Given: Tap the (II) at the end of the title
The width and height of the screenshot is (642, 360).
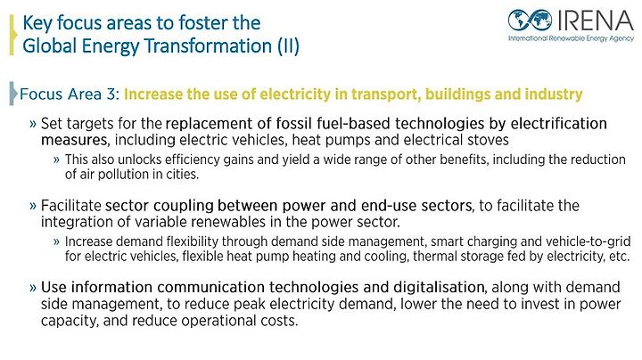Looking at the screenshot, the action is tap(289, 46).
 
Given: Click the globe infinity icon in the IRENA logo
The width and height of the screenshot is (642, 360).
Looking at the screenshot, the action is tap(530, 20).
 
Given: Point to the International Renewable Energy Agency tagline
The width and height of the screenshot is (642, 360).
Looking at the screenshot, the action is tap(571, 38).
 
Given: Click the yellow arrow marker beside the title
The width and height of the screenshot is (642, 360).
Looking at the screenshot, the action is tap(12, 35).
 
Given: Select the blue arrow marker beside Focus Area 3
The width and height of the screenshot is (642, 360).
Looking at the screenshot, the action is tap(13, 94).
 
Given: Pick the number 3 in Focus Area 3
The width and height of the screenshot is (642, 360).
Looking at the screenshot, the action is tap(111, 94).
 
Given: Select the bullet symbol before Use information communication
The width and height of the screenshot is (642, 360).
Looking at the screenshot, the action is tap(33, 288).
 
